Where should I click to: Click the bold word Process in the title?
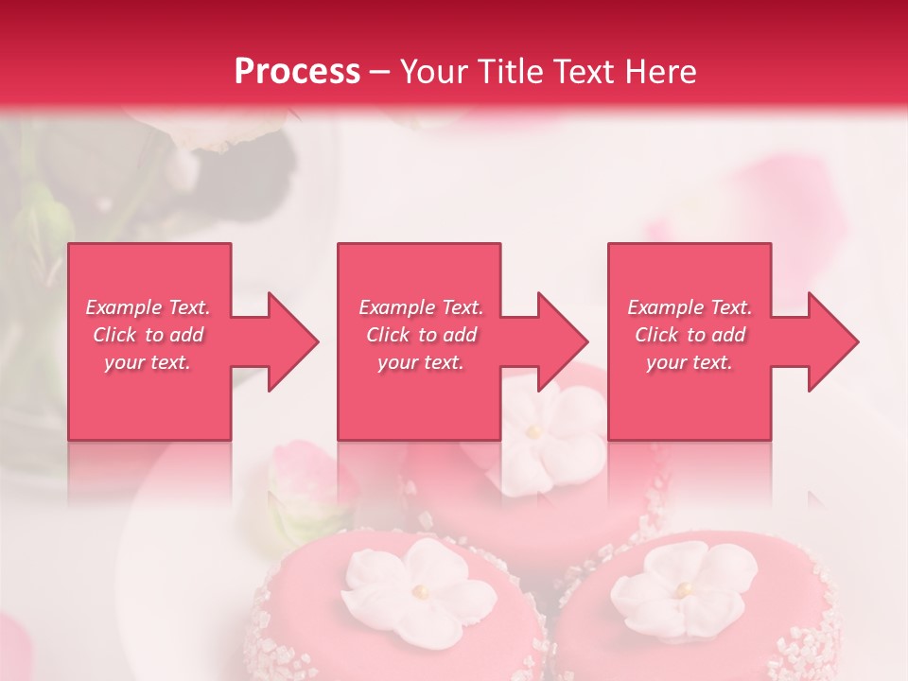[x=297, y=72]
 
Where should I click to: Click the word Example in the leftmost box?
[x=124, y=307]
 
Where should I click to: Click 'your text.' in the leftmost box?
[x=148, y=362]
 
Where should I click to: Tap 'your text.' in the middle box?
[x=420, y=362]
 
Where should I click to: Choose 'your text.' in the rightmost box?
[x=690, y=362]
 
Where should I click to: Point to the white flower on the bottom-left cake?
[x=417, y=587]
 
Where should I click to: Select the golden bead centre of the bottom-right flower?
[x=681, y=589]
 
